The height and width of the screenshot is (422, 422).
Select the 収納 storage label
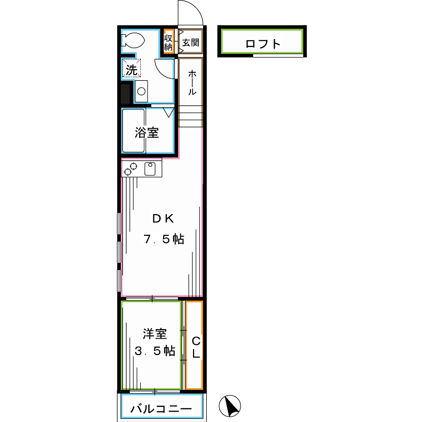click(x=168, y=42)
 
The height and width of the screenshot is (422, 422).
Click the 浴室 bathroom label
click(x=147, y=132)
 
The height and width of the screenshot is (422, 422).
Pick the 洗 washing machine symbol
click(x=131, y=68)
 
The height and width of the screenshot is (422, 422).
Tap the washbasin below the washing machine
click(x=141, y=91)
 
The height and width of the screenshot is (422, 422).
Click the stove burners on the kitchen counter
click(x=130, y=169)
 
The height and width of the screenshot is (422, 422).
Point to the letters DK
click(x=163, y=218)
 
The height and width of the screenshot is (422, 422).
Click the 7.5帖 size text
click(x=164, y=239)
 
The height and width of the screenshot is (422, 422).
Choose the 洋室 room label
click(x=155, y=334)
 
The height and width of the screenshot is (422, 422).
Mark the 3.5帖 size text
click(x=155, y=351)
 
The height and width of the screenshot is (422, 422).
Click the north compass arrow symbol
click(x=230, y=406)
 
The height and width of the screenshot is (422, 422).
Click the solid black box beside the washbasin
click(x=126, y=94)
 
